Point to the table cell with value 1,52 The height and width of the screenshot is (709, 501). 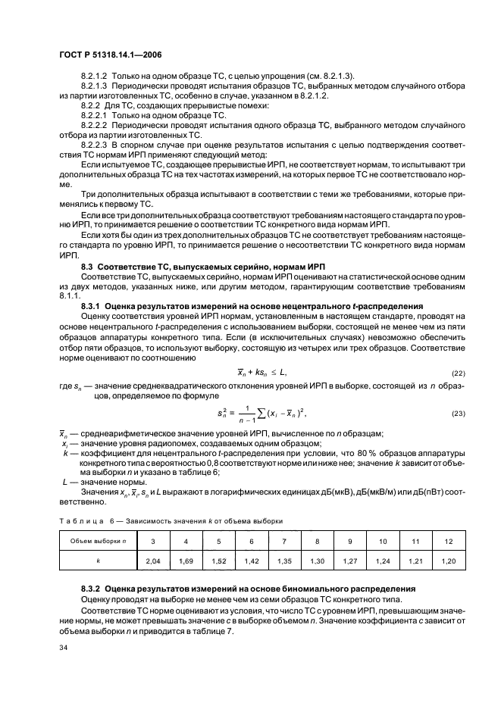pyautogui.click(x=218, y=562)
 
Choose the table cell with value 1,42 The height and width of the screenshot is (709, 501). pyautogui.click(x=251, y=562)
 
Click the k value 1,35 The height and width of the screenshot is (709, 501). pyautogui.click(x=284, y=562)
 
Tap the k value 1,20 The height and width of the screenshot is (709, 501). pyautogui.click(x=449, y=562)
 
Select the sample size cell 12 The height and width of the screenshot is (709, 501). pyautogui.click(x=449, y=541)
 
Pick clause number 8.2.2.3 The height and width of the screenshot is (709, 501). pyautogui.click(x=95, y=142)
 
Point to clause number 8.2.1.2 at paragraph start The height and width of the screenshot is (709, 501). pyautogui.click(x=95, y=76)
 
